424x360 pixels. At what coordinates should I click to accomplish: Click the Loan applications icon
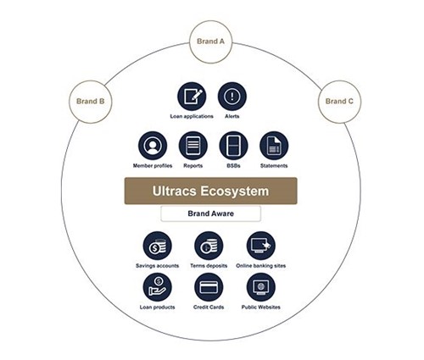[192, 97]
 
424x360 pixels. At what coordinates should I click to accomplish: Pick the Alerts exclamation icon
[232, 97]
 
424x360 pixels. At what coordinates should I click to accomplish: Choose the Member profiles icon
[153, 146]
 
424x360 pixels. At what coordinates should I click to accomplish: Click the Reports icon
[193, 146]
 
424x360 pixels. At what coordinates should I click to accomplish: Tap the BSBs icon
[233, 146]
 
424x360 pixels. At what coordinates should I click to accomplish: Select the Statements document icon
[274, 146]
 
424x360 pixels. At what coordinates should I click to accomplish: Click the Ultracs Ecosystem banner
[211, 191]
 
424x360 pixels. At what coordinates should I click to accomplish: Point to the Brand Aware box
[211, 213]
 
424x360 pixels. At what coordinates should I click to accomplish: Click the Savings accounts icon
[158, 246]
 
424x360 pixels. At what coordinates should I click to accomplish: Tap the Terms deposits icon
[209, 246]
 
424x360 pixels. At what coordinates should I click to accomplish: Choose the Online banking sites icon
[261, 246]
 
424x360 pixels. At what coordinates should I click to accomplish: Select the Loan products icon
[158, 287]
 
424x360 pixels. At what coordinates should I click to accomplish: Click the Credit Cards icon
[209, 287]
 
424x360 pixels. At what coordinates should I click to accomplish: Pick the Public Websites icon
[261, 287]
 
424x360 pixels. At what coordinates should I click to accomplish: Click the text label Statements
[274, 166]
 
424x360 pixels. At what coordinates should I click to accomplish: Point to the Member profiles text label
[153, 166]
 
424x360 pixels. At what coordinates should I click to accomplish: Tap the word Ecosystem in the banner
[235, 191]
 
